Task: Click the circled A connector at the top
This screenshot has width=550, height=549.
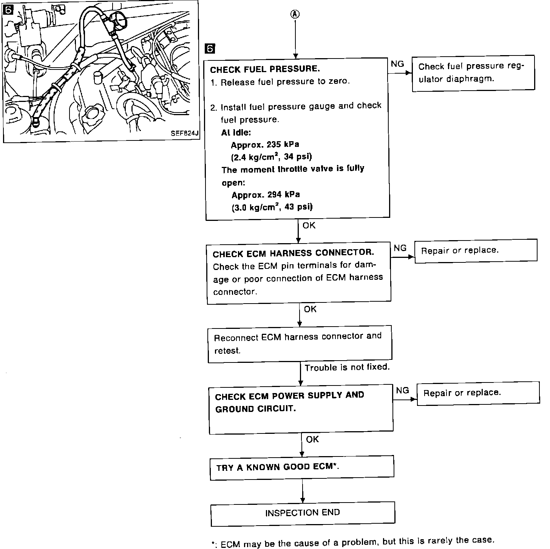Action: [x=295, y=14]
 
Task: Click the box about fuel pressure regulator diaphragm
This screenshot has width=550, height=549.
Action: [x=473, y=73]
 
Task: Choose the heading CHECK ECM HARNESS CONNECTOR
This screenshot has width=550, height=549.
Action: [x=293, y=253]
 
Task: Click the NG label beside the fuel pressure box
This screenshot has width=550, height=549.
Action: [x=397, y=64]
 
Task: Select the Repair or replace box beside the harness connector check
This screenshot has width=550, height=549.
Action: [x=476, y=251]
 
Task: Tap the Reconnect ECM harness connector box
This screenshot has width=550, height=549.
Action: [x=300, y=344]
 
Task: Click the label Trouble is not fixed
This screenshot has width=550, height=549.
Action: [x=347, y=367]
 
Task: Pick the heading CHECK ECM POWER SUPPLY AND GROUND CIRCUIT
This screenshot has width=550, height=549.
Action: [x=289, y=402]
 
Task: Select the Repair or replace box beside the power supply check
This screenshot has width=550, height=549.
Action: [x=478, y=393]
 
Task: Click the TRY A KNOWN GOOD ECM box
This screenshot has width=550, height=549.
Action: [x=302, y=468]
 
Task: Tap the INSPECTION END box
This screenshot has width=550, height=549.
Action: [x=303, y=514]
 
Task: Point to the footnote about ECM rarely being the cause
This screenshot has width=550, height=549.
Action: [x=353, y=542]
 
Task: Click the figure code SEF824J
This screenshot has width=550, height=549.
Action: [x=184, y=133]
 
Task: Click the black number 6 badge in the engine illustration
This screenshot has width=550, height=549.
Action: [x=8, y=10]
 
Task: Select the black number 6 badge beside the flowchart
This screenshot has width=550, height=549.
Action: [x=210, y=48]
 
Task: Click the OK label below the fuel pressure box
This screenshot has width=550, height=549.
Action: [x=309, y=225]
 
